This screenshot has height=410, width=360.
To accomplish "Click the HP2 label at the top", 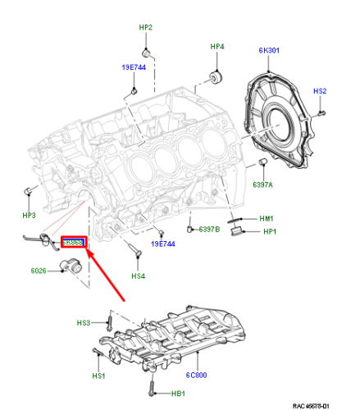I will [145, 27].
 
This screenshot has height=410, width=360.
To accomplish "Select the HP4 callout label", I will [216, 47].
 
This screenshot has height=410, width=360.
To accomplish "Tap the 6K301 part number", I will [269, 50].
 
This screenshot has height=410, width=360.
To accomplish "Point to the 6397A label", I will [263, 184].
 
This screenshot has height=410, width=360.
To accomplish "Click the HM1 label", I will [267, 219].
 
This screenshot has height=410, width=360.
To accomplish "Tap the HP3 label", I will [29, 216].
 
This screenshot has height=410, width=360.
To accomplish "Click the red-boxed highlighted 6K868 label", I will [74, 244].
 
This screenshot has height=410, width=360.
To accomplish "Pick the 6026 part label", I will [40, 270].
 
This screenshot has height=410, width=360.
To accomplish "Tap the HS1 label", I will [98, 376].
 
